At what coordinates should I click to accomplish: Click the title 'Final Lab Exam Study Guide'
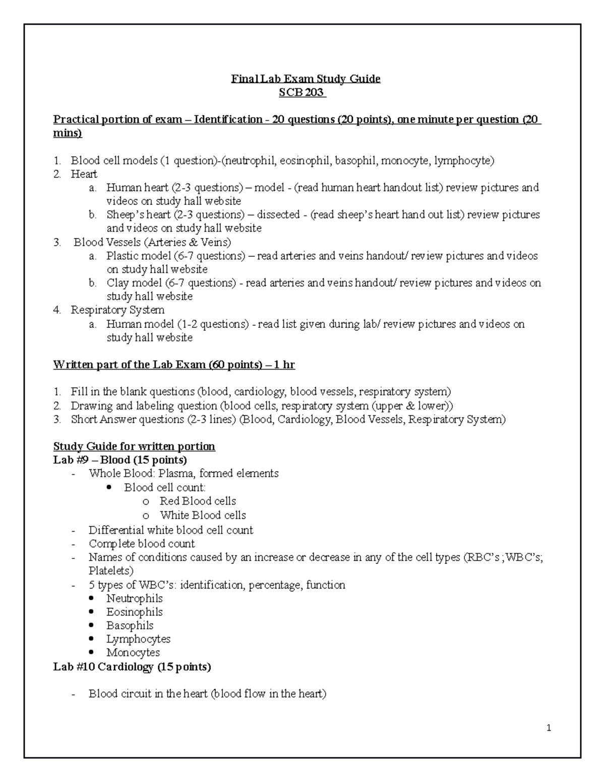306,79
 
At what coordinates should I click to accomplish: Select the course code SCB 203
302,93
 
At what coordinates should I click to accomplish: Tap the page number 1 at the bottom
549,728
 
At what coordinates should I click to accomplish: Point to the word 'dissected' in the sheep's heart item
278,215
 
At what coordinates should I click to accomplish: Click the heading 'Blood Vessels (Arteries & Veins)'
152,242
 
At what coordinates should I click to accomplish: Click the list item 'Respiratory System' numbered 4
117,310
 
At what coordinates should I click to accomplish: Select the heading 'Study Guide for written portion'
134,447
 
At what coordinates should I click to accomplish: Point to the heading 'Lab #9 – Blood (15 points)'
120,460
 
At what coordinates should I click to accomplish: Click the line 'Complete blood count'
142,544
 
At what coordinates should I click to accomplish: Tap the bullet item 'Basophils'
130,625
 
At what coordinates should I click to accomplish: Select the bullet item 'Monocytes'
133,653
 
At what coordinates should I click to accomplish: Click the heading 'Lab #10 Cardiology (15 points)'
132,667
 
